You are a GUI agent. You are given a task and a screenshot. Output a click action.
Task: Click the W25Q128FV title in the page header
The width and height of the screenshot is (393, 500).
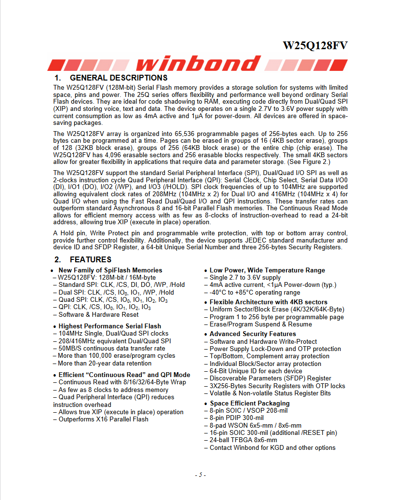[x=314, y=46]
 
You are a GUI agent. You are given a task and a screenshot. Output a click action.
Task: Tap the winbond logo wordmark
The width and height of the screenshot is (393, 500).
[x=198, y=64]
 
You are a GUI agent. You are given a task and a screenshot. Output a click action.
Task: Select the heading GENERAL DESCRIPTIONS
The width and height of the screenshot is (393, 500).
[x=118, y=78]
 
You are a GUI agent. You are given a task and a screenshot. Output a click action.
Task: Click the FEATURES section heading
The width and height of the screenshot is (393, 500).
[x=90, y=260]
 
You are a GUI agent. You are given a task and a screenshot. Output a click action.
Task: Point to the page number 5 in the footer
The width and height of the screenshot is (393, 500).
[x=201, y=475]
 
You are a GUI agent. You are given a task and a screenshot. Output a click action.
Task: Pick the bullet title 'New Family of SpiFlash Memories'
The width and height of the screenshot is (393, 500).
[x=110, y=270]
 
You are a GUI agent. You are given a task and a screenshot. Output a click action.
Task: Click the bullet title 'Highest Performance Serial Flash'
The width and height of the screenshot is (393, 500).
[x=109, y=326]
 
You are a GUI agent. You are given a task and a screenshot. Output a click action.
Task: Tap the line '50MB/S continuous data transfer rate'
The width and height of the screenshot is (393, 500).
[x=111, y=349]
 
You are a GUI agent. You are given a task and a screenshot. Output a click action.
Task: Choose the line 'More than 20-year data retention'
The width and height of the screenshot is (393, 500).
[x=105, y=364]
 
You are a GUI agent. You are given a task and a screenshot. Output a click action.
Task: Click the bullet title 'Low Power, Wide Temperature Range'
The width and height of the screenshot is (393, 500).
[x=267, y=270]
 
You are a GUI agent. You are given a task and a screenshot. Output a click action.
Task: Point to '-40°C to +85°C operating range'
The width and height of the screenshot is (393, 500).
[x=255, y=293]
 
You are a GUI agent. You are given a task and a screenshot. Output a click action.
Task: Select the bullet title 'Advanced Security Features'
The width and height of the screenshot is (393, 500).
[x=253, y=334]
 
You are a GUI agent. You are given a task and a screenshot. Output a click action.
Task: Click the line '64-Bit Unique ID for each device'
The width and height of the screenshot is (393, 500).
[x=256, y=371]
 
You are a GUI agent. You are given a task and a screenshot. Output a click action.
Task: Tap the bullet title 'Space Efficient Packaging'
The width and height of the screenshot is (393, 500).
[x=249, y=404]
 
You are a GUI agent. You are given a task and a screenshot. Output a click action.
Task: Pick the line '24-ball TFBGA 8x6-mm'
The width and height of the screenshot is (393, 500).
[x=243, y=440]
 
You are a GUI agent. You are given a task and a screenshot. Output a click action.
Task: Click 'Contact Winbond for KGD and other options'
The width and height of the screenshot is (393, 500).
[x=272, y=448]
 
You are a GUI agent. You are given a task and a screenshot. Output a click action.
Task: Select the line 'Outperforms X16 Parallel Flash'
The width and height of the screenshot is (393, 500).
[x=103, y=419]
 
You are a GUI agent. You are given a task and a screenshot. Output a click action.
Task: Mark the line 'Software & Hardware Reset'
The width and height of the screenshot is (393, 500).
[x=98, y=315]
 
